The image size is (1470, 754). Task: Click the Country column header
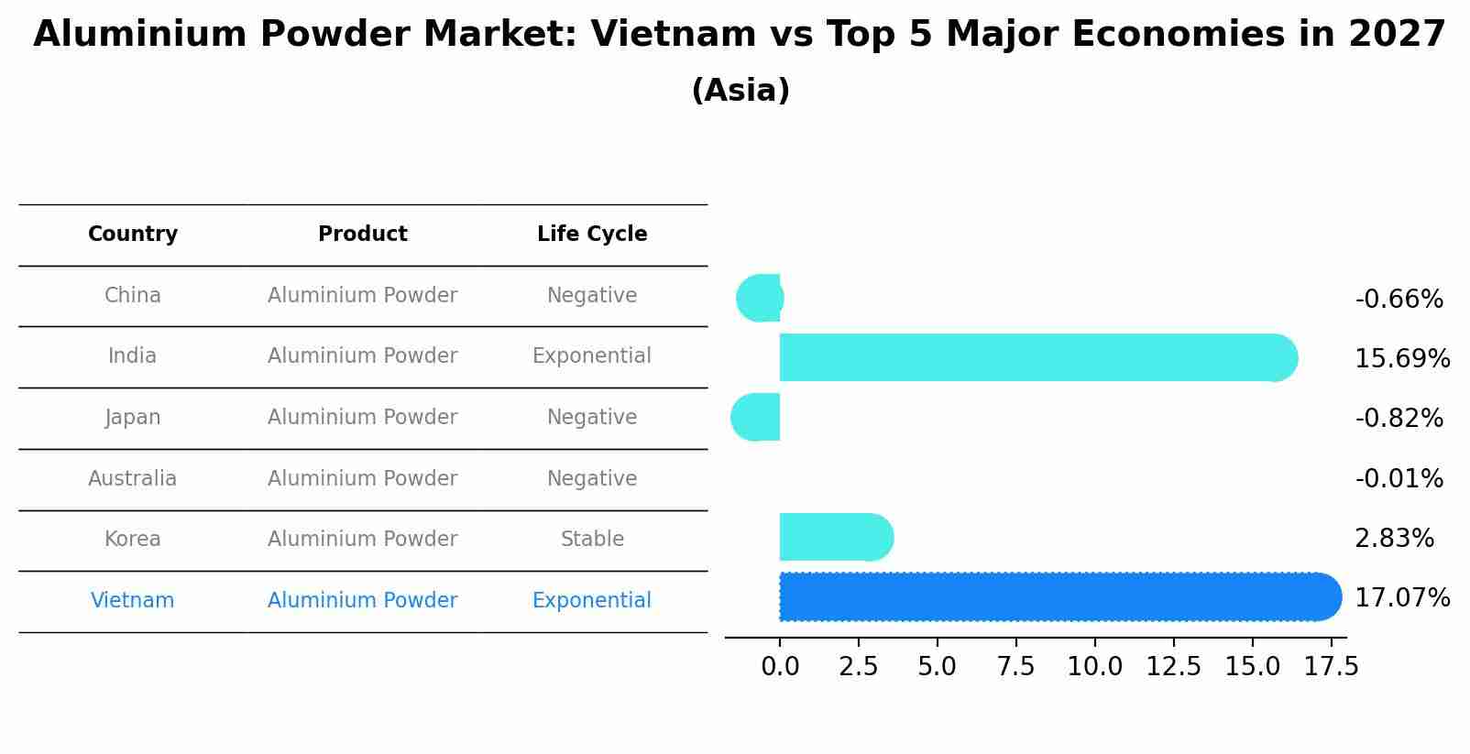[133, 235]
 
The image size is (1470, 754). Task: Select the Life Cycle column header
[592, 235]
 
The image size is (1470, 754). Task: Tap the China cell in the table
[133, 296]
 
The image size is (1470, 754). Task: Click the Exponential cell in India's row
[592, 356]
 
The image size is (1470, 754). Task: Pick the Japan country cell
[133, 418]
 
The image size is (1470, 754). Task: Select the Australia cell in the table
[133, 479]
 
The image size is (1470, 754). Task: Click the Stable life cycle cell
[592, 540]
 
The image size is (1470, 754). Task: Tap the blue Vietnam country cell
[133, 601]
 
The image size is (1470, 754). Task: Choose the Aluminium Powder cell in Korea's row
[363, 540]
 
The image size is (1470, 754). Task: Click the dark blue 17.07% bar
[1054, 597]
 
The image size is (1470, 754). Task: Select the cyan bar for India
[1036, 357]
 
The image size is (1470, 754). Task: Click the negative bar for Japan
[756, 418]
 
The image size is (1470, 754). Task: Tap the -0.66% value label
[1399, 300]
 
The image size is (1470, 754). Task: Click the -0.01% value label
[1399, 479]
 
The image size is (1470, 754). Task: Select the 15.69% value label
[1402, 359]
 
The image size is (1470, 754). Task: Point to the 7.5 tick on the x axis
[1016, 667]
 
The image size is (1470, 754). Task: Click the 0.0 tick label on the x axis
[780, 667]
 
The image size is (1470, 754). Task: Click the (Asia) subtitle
[740, 91]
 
